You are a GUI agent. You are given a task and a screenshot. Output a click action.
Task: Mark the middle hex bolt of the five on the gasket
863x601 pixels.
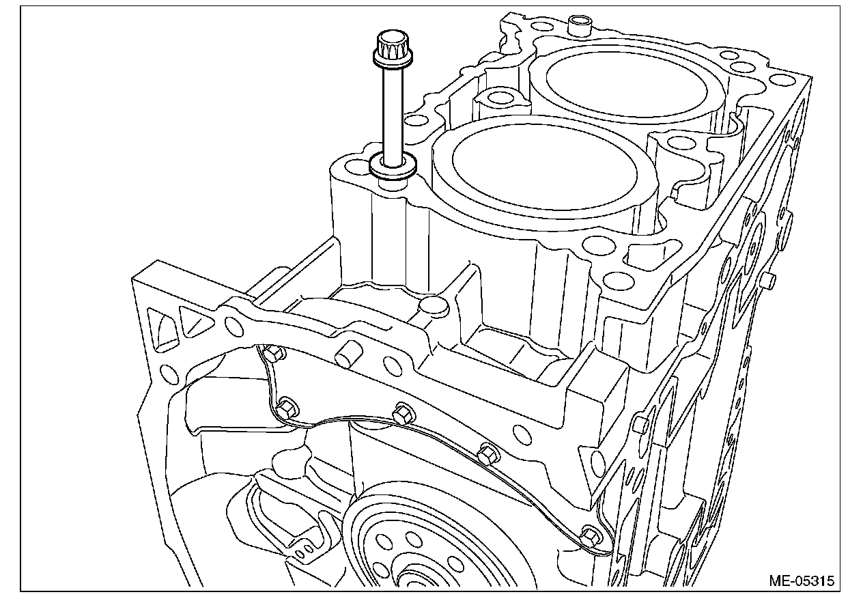pos(404,413)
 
